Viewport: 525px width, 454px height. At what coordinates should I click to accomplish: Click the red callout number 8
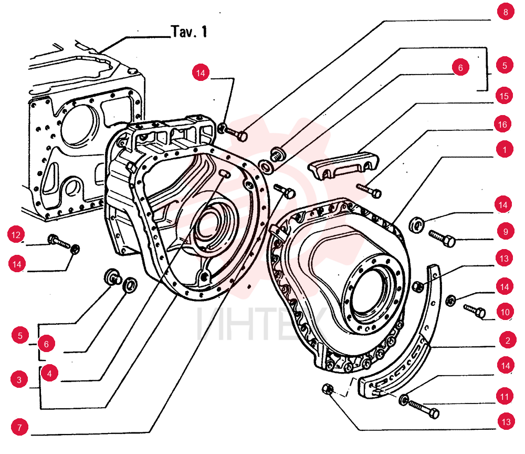coord(506,12)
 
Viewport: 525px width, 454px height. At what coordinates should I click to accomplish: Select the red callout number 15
coord(504,96)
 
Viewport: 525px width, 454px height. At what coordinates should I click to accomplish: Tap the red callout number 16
coord(502,125)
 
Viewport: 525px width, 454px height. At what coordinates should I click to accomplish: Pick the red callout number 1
coord(505,149)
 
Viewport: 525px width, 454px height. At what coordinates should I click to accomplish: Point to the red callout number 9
coord(506,232)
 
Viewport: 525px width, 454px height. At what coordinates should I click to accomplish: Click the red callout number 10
coord(505,312)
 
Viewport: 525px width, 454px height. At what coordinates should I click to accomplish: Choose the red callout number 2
coord(508,340)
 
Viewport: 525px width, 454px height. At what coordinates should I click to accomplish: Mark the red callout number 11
coord(505,397)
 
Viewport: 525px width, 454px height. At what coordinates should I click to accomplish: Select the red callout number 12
coord(16,235)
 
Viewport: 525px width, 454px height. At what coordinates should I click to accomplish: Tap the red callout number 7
coord(19,427)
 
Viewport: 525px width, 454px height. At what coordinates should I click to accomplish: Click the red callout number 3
coord(19,379)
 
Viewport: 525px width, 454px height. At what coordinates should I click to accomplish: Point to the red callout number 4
coord(49,373)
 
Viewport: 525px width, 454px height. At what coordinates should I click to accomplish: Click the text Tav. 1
coord(189,32)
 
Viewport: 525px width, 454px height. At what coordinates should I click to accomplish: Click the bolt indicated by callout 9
coord(442,238)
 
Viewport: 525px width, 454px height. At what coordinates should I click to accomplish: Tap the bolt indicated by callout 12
coord(59,242)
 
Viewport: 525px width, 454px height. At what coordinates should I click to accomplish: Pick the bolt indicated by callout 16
coord(369,190)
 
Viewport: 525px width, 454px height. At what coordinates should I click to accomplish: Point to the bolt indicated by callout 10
coord(475,311)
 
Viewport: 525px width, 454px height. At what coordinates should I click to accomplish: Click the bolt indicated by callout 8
coord(236,133)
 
